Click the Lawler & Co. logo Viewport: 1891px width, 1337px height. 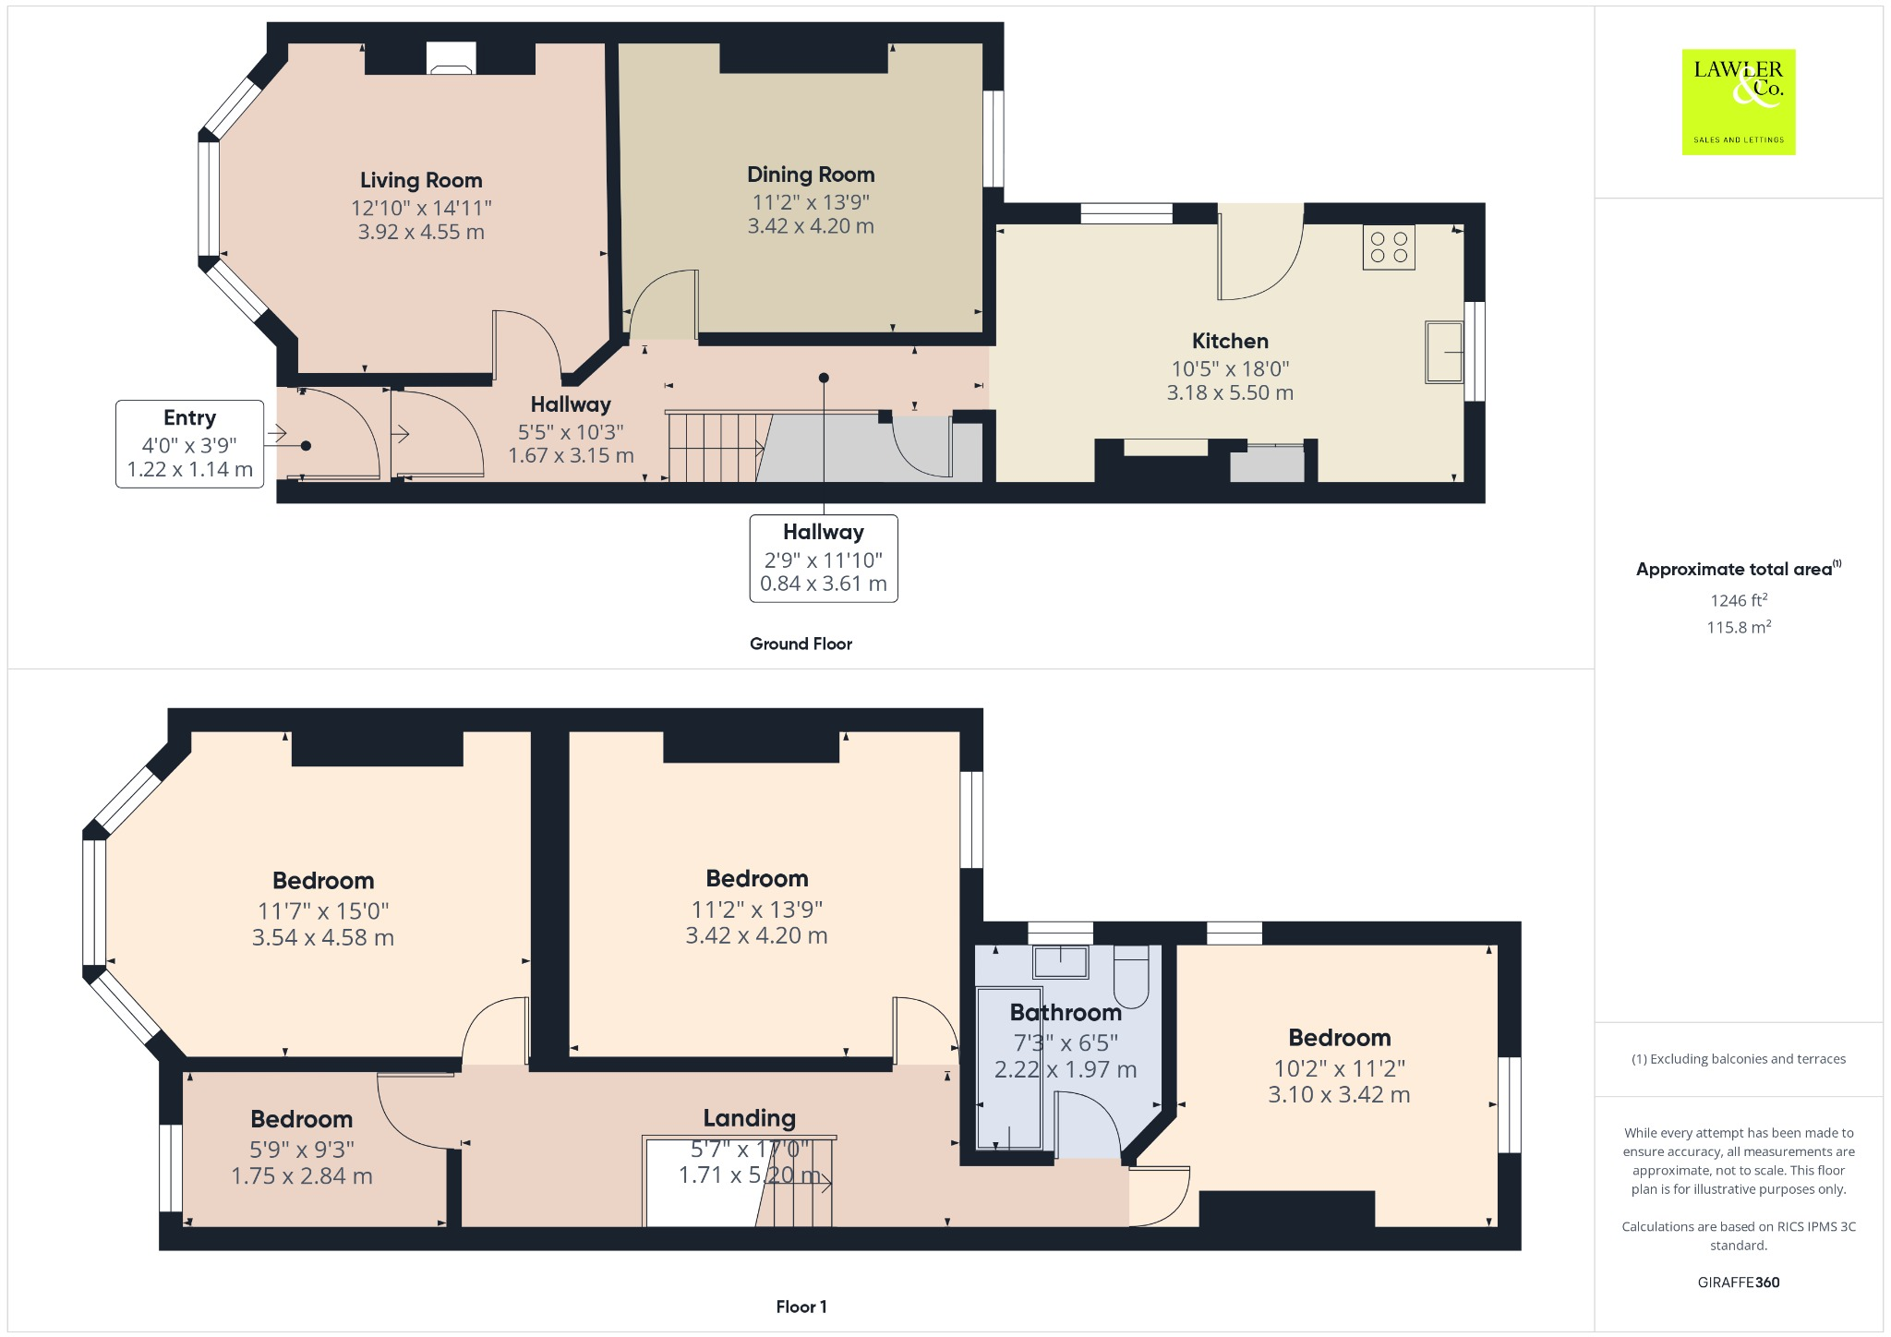tap(1738, 102)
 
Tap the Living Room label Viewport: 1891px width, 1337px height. tap(421, 180)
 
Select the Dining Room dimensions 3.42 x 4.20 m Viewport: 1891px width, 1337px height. tap(811, 226)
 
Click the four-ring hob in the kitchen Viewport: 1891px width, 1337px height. tap(1389, 247)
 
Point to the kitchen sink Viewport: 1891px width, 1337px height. tap(1444, 351)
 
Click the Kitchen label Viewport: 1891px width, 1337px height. tap(1230, 341)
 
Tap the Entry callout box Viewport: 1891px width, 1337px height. tap(190, 443)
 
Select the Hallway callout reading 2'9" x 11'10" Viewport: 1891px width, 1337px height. tap(823, 559)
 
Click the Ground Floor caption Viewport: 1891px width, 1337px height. tap(801, 644)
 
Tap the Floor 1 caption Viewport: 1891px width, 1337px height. tap(801, 1307)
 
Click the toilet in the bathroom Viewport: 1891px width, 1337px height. tap(1131, 977)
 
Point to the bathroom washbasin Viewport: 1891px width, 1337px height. tap(1060, 961)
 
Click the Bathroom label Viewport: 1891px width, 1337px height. tap(1066, 1013)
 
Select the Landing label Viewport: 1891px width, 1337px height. tap(749, 1118)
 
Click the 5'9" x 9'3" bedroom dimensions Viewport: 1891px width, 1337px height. tap(302, 1149)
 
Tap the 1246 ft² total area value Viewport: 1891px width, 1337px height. tap(1738, 600)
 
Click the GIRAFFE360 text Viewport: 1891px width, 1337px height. tap(1738, 1282)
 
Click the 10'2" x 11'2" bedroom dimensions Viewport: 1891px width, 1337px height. tap(1339, 1068)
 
